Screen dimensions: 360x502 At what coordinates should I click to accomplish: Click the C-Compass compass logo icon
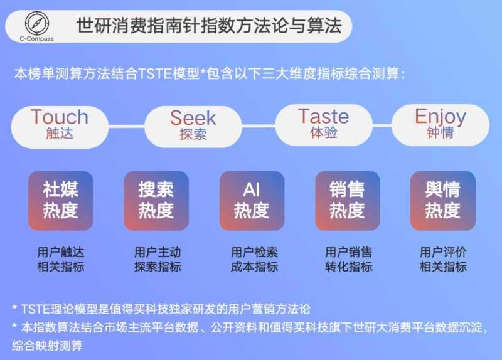coord(36,22)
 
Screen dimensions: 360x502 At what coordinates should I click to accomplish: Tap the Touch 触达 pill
coord(60,124)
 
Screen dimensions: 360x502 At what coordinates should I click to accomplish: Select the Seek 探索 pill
coord(193,125)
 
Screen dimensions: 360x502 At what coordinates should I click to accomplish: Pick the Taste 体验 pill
coord(323,124)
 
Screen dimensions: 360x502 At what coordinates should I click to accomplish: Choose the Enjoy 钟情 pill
coord(440,124)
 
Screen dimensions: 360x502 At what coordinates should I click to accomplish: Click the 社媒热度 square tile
coord(60,200)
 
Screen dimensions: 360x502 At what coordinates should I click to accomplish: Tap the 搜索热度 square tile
coord(156,200)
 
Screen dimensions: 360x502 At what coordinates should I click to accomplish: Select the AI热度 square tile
coord(252,200)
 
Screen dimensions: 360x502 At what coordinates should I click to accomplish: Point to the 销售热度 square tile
coord(347,200)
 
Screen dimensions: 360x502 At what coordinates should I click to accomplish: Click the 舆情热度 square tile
coord(442,200)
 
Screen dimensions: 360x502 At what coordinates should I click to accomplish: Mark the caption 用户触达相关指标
coord(60,259)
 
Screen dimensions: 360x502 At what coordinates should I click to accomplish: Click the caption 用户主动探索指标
coord(158,259)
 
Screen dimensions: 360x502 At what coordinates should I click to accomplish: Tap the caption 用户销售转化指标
coord(348,259)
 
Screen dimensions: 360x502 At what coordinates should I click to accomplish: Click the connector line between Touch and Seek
coord(126,125)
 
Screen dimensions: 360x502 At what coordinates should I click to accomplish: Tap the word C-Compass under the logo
coord(36,38)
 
